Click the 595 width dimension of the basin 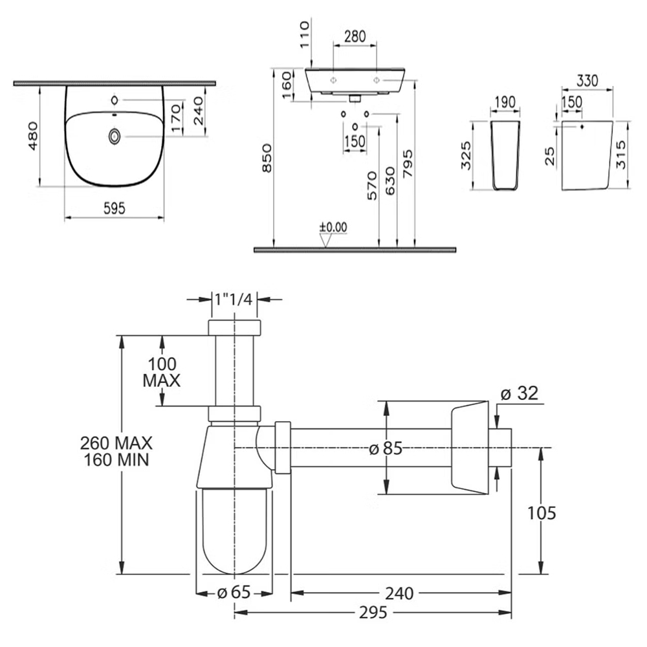(114, 208)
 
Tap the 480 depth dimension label (32, 136)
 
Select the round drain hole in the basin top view (115, 136)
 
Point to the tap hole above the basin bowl (115, 100)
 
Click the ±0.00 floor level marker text (333, 227)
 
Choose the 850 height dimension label (267, 158)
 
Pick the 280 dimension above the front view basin (355, 37)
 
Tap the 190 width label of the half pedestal (505, 102)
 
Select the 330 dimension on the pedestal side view (587, 81)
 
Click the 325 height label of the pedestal (466, 155)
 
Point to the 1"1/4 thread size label (233, 299)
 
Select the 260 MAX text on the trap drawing (116, 443)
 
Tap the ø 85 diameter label (386, 448)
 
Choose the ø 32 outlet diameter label (520, 393)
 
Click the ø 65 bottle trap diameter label (234, 593)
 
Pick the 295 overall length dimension (373, 613)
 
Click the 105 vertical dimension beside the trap (542, 513)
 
